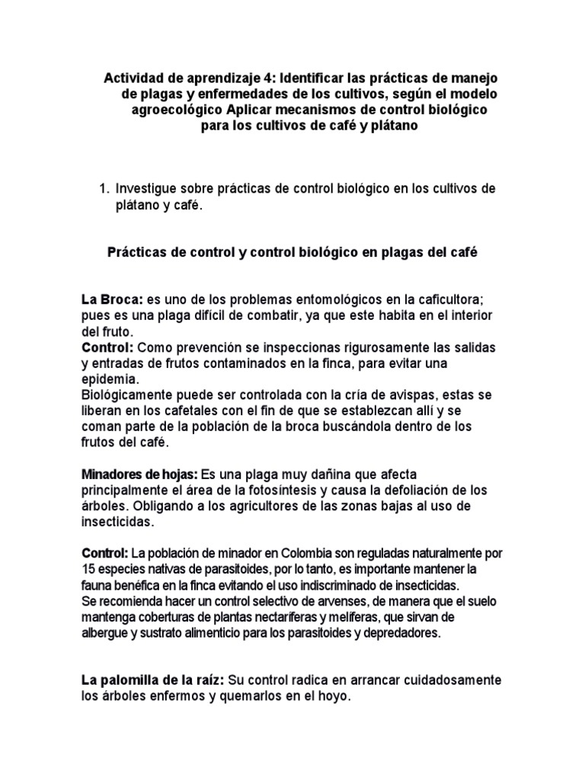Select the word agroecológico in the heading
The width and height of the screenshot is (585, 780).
(x=168, y=110)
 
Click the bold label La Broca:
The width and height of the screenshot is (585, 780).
(x=113, y=299)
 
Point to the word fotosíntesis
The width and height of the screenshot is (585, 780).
(x=296, y=491)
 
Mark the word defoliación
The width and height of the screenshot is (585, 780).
(x=421, y=491)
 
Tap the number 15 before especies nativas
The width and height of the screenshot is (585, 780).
(x=88, y=569)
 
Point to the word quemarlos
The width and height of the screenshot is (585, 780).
(x=243, y=695)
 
